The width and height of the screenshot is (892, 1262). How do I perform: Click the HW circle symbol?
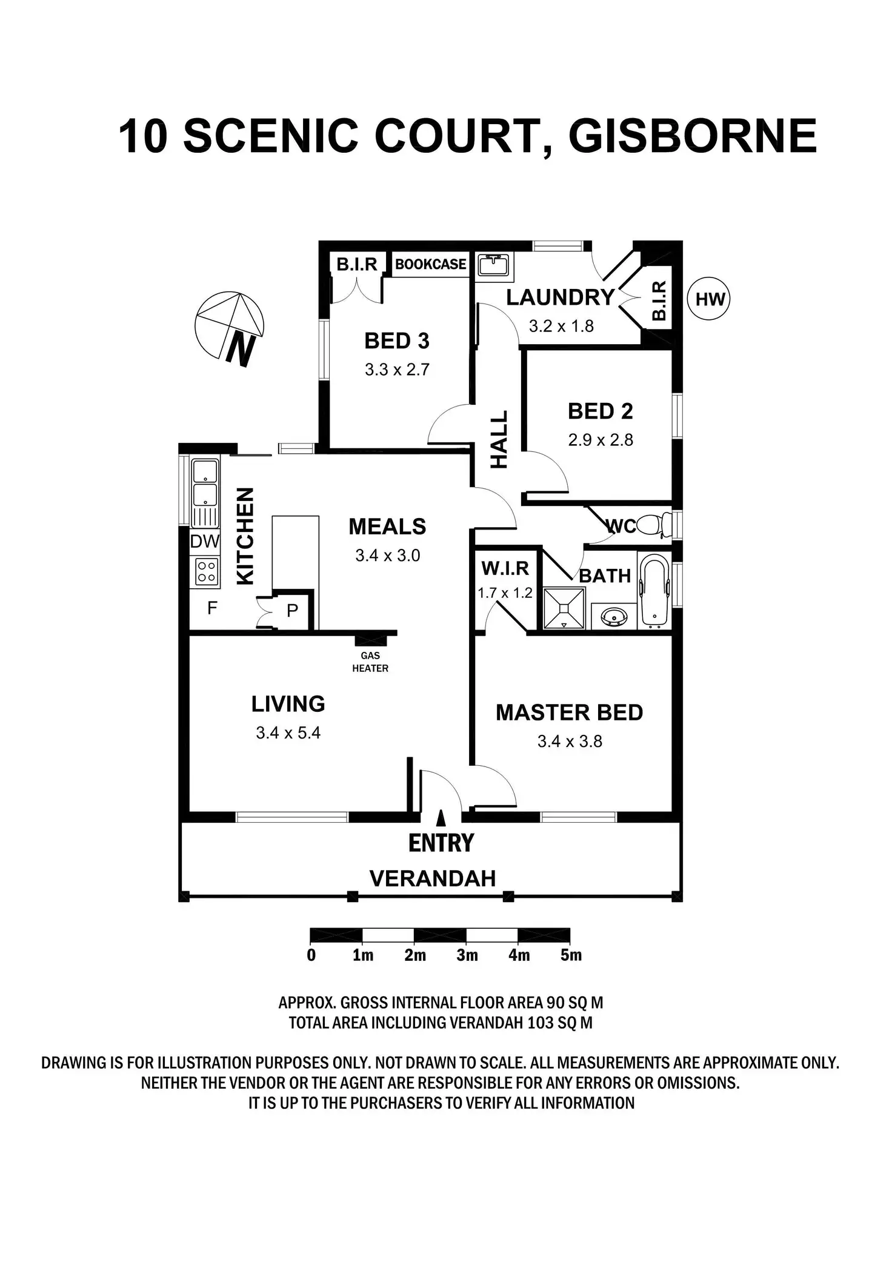(710, 299)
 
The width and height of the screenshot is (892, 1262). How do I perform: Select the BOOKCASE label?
(430, 264)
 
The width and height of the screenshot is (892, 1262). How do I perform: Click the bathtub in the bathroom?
(654, 591)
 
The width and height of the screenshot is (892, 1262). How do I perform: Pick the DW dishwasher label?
(205, 541)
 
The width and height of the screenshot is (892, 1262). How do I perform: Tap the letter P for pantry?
(292, 611)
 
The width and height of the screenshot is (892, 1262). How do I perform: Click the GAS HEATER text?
(370, 662)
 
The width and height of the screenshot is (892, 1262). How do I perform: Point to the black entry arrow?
(441, 817)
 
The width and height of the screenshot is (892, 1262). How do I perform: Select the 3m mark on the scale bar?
(467, 955)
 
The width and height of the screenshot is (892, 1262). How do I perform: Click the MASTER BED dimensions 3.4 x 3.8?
(570, 741)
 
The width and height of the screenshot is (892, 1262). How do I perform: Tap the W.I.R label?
(505, 568)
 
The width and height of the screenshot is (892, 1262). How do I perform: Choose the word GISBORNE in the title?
(693, 136)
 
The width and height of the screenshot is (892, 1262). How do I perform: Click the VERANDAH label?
(433, 878)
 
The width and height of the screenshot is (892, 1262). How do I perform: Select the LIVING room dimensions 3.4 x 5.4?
(288, 732)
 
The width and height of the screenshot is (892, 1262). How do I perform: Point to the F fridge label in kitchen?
(212, 608)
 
